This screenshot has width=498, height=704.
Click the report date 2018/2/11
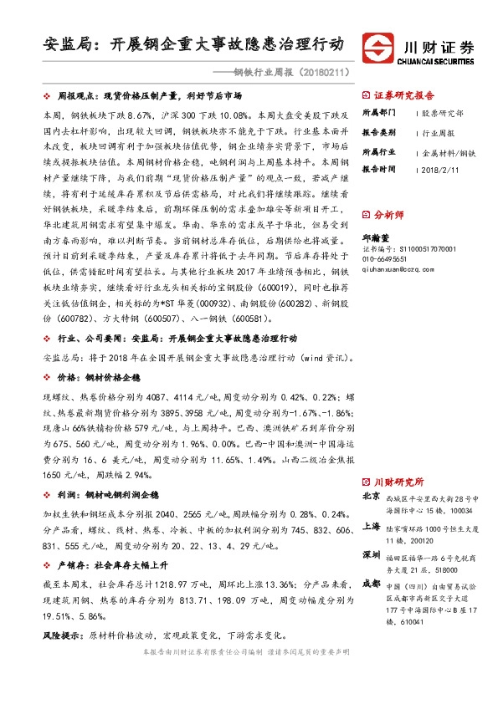point(439,169)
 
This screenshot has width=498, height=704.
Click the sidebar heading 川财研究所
point(398,482)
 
